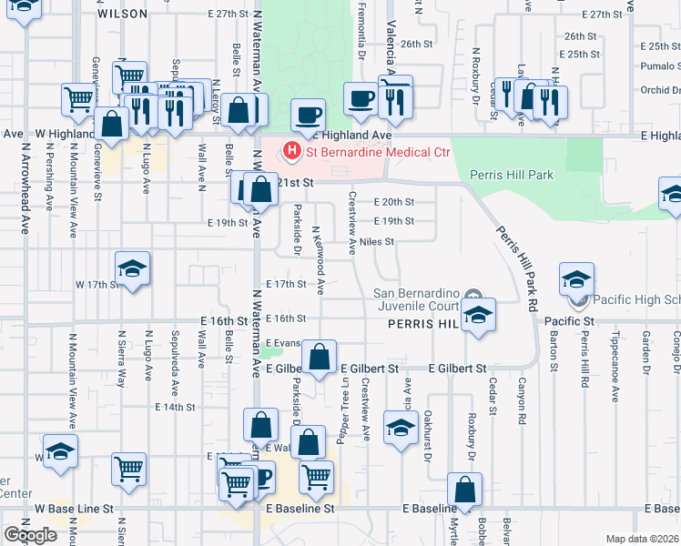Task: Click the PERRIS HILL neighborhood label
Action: [x=415, y=323]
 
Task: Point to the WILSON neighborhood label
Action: [x=121, y=14]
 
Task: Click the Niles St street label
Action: [x=376, y=242]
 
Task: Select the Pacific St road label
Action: [x=569, y=321]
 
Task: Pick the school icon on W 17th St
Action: [x=132, y=269]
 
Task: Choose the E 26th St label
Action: [x=414, y=44]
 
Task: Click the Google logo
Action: [x=31, y=535]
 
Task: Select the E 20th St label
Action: [x=393, y=202]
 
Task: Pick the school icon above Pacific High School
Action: [x=576, y=279]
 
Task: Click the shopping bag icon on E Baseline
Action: [x=465, y=490]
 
